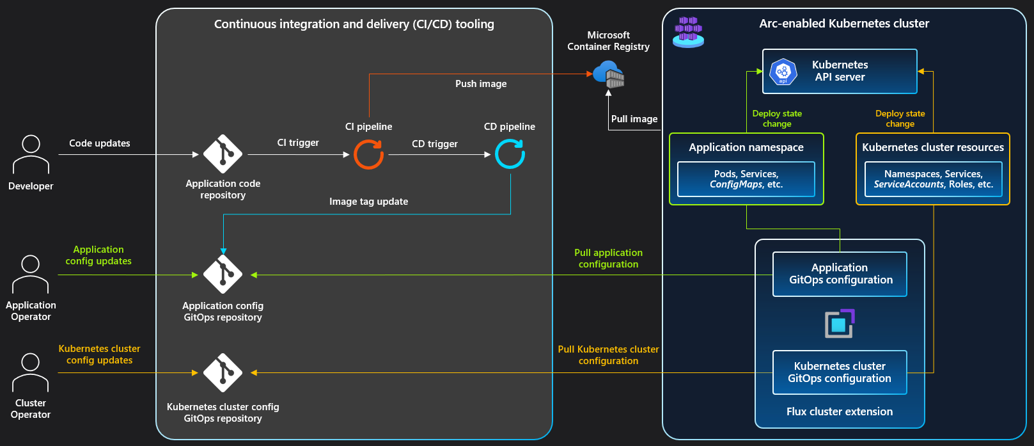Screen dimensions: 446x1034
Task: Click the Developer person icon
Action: click(31, 154)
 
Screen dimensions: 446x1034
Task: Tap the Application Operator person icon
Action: click(31, 274)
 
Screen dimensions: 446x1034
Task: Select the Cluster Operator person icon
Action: click(31, 372)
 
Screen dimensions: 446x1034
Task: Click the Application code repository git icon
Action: click(223, 154)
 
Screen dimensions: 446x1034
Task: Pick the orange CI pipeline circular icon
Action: click(369, 154)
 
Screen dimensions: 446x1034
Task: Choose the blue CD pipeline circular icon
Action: click(510, 154)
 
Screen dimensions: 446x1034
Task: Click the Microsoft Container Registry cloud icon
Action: click(609, 74)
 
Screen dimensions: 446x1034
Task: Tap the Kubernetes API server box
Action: click(840, 71)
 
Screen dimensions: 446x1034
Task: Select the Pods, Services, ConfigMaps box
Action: click(746, 179)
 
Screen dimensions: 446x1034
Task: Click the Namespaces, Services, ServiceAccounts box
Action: click(933, 179)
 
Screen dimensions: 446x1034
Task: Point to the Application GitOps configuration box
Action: click(840, 274)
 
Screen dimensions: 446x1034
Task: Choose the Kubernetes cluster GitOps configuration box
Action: click(840, 372)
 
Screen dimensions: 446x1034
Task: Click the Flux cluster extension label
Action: click(840, 411)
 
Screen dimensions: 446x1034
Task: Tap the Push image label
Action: click(481, 84)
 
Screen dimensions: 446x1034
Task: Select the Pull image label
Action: click(634, 119)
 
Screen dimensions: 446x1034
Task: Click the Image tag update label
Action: click(368, 202)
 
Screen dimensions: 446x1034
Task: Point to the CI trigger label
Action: click(298, 143)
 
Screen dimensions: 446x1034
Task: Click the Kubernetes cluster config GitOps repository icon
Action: click(223, 372)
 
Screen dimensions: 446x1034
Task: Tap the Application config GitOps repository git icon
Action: click(223, 274)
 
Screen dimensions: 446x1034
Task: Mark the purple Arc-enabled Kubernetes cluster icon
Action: click(688, 33)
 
